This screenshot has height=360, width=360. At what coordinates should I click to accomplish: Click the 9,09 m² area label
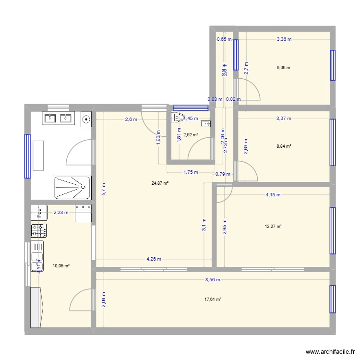[284, 68]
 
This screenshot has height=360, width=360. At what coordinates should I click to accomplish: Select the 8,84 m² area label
[284, 146]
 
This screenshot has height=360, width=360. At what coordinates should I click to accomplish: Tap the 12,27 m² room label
[273, 227]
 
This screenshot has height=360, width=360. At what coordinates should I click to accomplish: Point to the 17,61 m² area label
[213, 300]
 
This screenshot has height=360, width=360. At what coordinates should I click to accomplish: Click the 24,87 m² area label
[160, 183]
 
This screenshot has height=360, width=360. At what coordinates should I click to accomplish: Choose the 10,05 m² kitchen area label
[61, 265]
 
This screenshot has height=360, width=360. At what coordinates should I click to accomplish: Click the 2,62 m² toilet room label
[191, 135]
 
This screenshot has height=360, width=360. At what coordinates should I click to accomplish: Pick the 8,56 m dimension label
[212, 279]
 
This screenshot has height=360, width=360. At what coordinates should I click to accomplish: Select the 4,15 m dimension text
[273, 195]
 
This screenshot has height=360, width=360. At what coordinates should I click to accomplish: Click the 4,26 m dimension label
[154, 259]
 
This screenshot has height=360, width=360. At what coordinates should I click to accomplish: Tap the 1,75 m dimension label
[191, 172]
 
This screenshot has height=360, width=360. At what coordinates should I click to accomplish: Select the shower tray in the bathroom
[72, 187]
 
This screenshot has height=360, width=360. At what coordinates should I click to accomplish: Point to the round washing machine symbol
[86, 118]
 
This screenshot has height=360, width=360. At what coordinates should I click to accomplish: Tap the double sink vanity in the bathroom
[58, 118]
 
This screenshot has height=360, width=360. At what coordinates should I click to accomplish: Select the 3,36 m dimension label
[284, 39]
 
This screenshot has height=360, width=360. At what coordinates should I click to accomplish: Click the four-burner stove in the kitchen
[39, 230]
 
